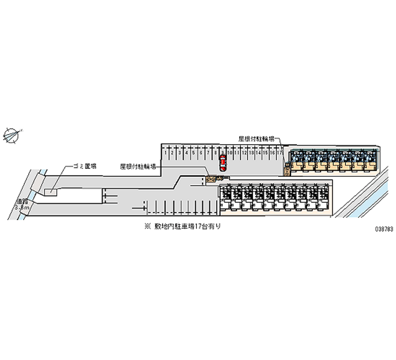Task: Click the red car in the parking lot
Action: coord(223,163)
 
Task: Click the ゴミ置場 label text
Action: coord(84,167)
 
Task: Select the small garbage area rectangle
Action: coord(50,191)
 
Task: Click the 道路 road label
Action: coord(21,202)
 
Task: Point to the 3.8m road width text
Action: coord(23,208)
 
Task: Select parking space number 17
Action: coord(280,153)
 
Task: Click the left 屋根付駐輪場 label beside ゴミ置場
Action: coord(138,167)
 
